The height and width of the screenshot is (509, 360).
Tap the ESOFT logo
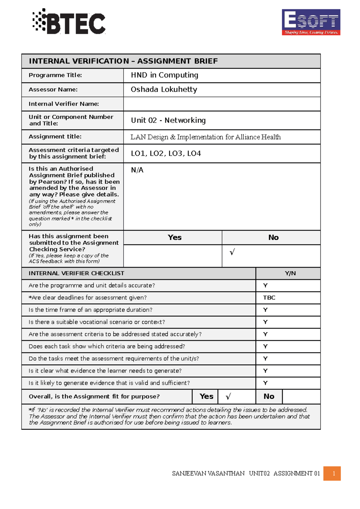(311, 22)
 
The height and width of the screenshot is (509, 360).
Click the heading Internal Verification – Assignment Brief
(123, 61)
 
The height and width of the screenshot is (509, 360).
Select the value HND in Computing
(164, 75)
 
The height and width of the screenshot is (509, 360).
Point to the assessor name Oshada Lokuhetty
(164, 90)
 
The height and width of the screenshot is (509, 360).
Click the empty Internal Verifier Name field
(222, 104)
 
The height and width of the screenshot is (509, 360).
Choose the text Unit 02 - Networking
(168, 121)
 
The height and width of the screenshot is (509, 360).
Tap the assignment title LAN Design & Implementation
(205, 137)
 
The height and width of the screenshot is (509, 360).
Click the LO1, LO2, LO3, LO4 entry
(166, 153)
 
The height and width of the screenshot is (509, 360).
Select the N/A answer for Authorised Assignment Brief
(137, 170)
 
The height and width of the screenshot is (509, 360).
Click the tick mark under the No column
(232, 252)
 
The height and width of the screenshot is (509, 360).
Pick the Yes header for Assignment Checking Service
(174, 237)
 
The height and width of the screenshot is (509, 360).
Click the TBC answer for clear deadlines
(269, 298)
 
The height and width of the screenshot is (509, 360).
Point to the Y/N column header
(290, 273)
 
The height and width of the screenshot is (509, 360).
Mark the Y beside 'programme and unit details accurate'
(265, 285)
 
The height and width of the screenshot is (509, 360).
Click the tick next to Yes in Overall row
(228, 397)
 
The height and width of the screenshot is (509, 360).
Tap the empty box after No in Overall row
(301, 397)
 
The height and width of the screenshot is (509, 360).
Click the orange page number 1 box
(332, 474)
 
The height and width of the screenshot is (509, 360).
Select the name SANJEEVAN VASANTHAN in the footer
(208, 474)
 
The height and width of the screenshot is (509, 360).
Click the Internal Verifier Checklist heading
(76, 273)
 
